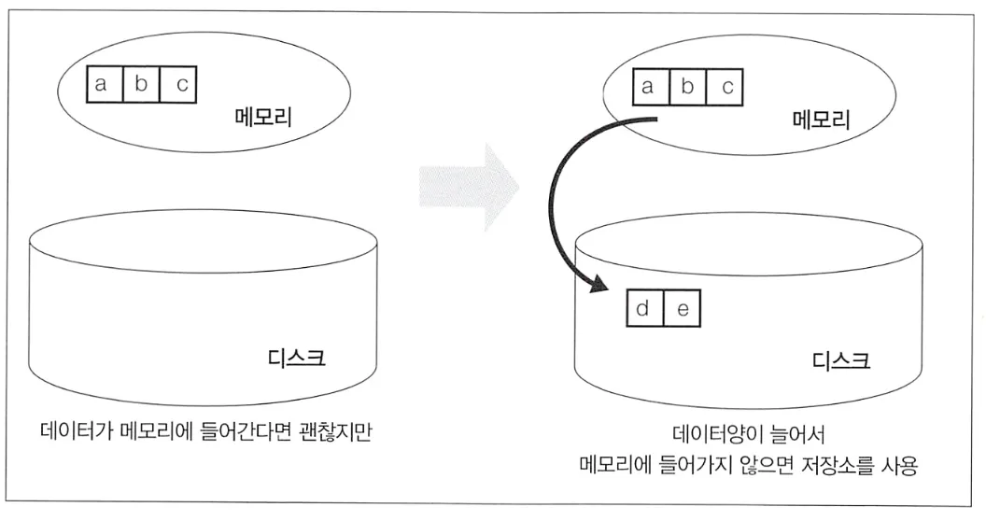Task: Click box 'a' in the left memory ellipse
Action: [103, 85]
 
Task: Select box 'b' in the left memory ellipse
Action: [141, 85]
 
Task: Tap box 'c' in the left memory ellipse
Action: [180, 85]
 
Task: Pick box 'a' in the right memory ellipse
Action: [647, 88]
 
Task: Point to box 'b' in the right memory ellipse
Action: [686, 88]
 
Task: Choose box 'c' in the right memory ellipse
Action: [725, 88]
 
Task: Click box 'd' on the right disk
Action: [644, 309]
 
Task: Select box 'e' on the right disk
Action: [682, 309]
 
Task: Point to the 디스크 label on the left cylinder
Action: [297, 358]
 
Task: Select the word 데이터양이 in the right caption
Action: [717, 435]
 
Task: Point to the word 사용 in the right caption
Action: [901, 465]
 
